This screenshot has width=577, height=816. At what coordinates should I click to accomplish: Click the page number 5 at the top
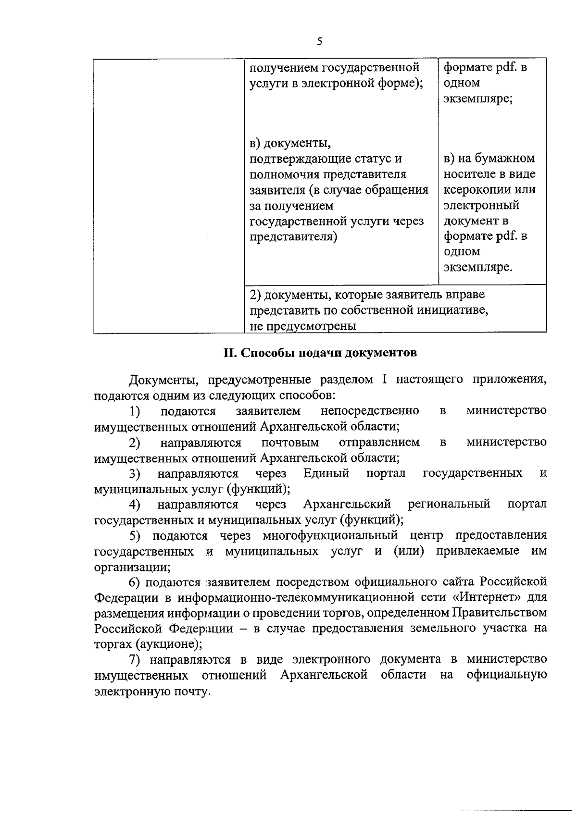point(319,41)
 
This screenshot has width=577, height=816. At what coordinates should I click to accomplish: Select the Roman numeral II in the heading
point(229,353)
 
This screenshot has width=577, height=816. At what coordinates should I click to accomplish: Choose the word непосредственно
point(369,411)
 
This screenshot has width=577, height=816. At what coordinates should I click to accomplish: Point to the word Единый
point(326,473)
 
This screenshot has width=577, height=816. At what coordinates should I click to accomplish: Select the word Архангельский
point(347,504)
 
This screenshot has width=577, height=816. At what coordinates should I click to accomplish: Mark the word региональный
point(449,504)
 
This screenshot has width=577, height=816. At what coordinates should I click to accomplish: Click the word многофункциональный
point(330,535)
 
